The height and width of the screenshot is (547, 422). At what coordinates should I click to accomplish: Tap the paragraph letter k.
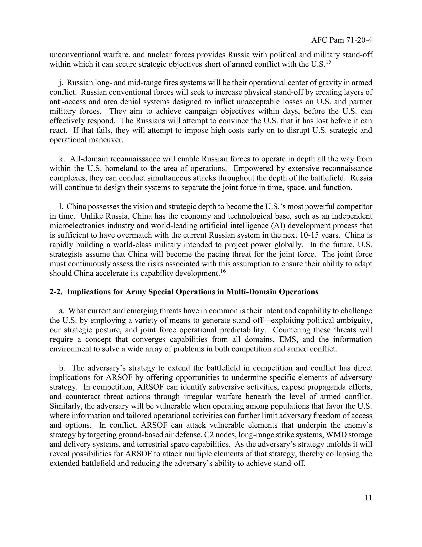coord(61,159)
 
